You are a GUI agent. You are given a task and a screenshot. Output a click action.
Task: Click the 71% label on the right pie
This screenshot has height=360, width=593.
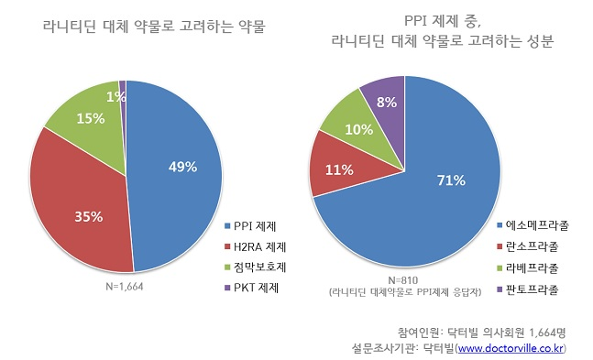click(450, 180)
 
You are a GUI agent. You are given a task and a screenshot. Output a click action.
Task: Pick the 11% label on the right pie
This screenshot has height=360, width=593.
click(340, 169)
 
